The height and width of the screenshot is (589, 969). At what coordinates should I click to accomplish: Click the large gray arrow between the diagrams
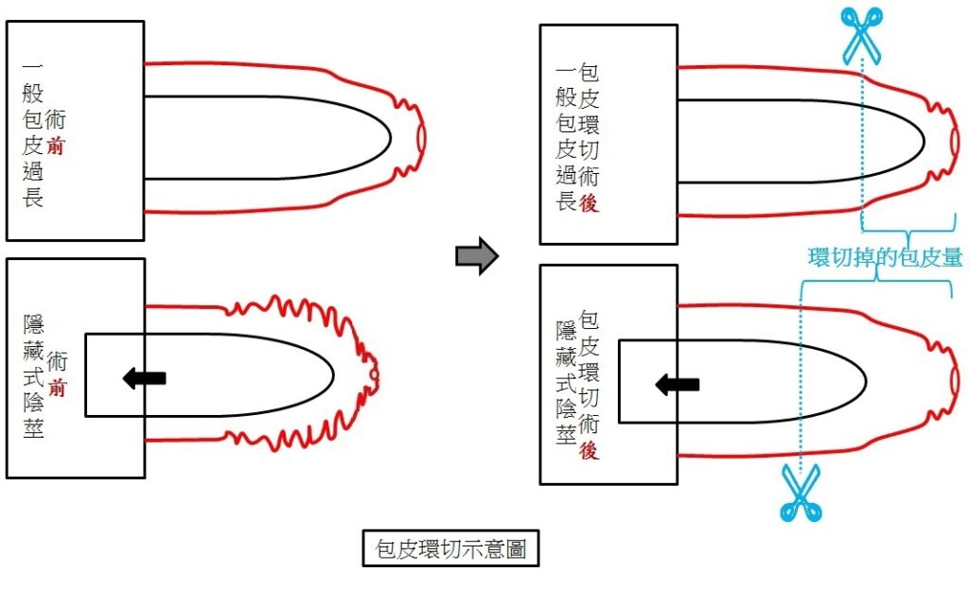(477, 255)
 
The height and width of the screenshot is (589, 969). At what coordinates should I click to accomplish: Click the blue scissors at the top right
(861, 35)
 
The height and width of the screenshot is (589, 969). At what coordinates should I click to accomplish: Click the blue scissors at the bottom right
(801, 493)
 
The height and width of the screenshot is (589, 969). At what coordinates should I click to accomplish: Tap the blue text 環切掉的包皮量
(885, 257)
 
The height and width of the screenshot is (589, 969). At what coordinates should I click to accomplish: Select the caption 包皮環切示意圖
(450, 548)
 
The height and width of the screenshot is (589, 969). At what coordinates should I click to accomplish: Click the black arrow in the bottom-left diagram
(145, 377)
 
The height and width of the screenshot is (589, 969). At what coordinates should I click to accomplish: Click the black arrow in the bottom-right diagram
(678, 385)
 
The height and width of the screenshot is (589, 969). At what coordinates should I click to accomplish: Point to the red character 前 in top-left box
(56, 146)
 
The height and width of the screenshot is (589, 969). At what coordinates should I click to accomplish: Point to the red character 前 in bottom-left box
(57, 388)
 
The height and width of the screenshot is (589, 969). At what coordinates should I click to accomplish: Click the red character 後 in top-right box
(589, 202)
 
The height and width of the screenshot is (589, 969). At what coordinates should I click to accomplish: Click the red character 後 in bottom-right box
(589, 450)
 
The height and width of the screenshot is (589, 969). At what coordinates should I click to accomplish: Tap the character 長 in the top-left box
(33, 198)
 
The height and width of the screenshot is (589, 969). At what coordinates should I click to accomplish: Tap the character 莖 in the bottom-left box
(33, 428)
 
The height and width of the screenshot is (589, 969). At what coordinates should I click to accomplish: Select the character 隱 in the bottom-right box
(566, 331)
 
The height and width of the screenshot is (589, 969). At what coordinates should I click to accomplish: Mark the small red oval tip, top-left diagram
(421, 138)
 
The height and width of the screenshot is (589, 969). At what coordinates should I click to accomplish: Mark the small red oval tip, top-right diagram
(956, 142)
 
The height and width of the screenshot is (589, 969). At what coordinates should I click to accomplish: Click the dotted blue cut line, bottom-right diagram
(801, 384)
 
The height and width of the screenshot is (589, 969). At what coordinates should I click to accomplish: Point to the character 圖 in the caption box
(516, 548)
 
